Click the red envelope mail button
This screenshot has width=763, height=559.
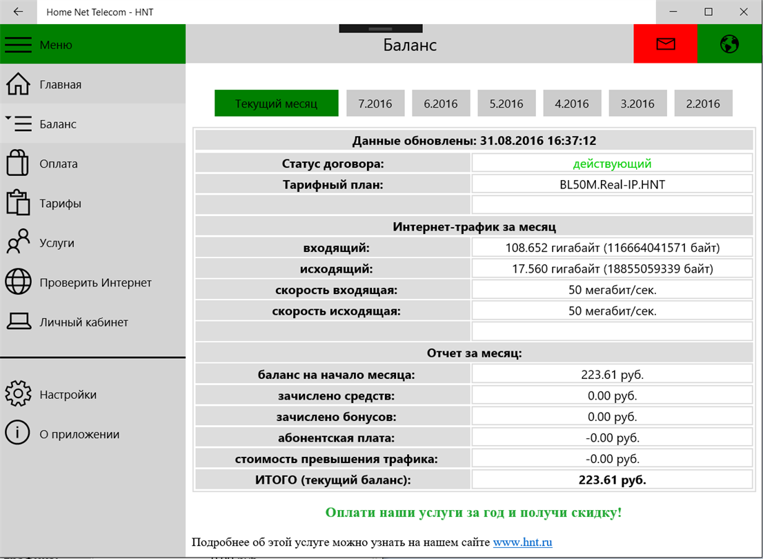click(665, 44)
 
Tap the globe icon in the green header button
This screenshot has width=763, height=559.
click(729, 44)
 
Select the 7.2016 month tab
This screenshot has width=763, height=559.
click(375, 104)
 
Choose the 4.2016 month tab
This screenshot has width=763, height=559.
click(571, 104)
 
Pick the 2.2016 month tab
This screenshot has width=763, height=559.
click(702, 104)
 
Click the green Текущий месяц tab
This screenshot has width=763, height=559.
click(276, 104)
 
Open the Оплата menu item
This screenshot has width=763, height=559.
click(59, 164)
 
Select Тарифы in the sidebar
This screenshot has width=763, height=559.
click(60, 204)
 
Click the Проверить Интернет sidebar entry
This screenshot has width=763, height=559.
click(95, 282)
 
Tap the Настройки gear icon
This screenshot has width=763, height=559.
click(18, 394)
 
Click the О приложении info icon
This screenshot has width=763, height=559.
click(18, 433)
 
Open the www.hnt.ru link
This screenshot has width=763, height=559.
click(522, 542)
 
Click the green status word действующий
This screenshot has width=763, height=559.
click(612, 164)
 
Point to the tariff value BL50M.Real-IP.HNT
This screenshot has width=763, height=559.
click(612, 184)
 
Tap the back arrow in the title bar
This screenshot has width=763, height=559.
click(18, 12)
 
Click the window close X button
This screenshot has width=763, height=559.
click(744, 12)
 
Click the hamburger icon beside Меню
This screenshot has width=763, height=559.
click(19, 45)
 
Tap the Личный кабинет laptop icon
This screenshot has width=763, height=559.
click(18, 322)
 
